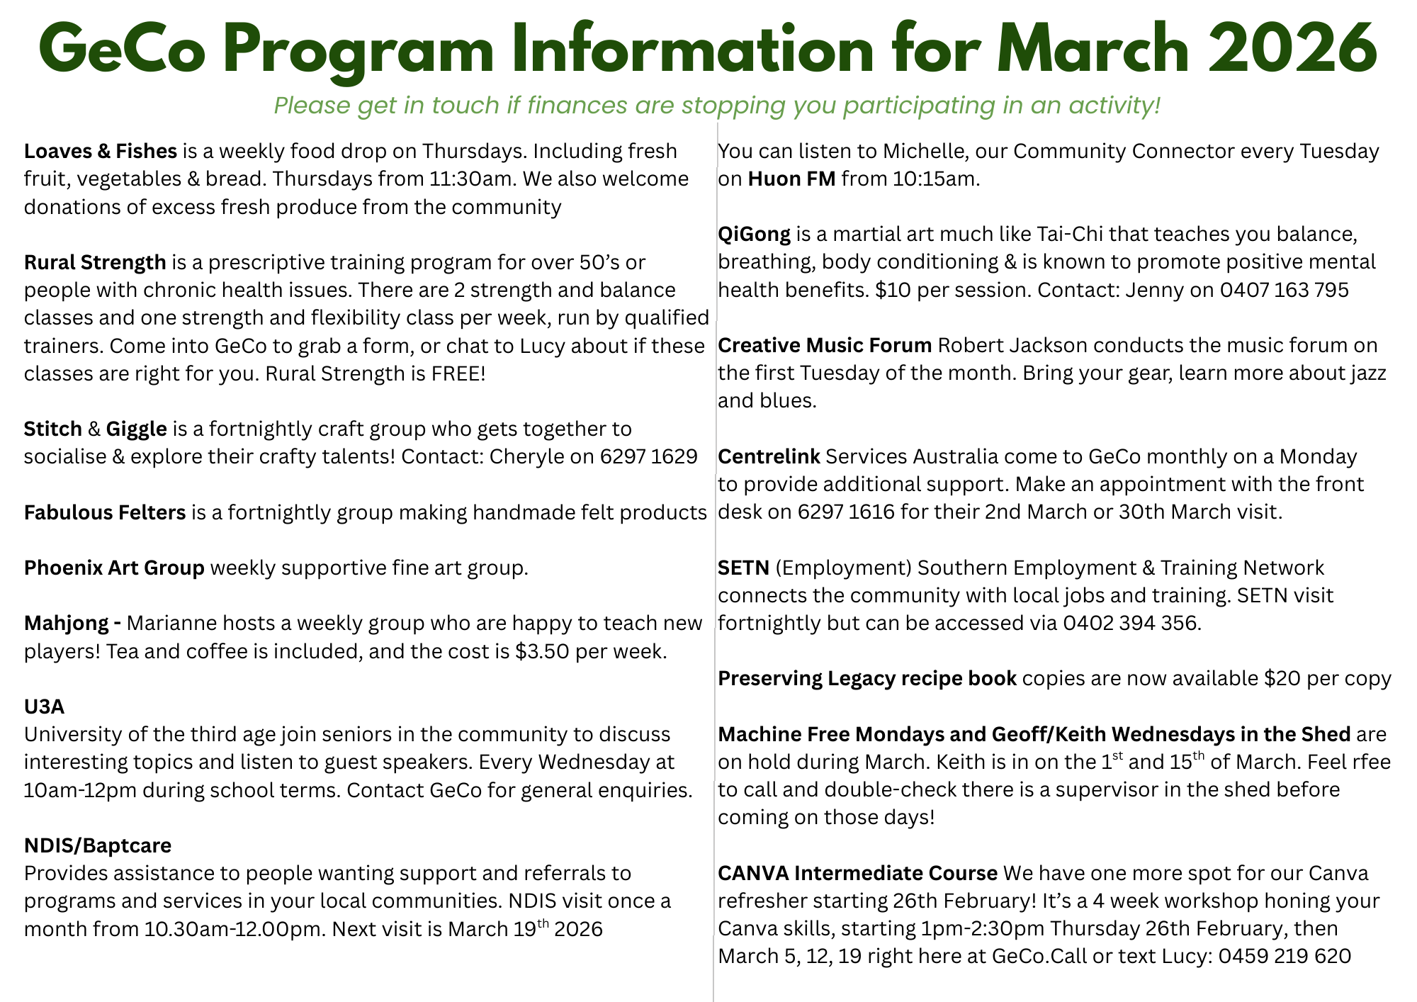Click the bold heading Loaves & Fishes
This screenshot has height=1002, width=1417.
tap(100, 151)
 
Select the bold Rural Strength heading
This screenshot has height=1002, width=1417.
tap(95, 262)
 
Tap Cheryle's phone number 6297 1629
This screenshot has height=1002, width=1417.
tap(648, 456)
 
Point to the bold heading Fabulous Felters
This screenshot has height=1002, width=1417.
tap(105, 512)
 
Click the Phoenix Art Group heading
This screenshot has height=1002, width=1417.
tap(114, 568)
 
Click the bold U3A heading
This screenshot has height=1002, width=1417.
tap(44, 707)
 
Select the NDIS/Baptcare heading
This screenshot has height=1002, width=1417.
tap(98, 845)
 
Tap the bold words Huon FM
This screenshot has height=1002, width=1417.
tap(791, 179)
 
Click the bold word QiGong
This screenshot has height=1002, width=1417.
tap(754, 234)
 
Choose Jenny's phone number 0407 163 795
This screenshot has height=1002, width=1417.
tap(1284, 290)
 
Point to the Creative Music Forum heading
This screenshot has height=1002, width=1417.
tap(825, 345)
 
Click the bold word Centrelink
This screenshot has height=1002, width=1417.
tap(769, 456)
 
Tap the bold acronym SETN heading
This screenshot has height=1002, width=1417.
tap(743, 568)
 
